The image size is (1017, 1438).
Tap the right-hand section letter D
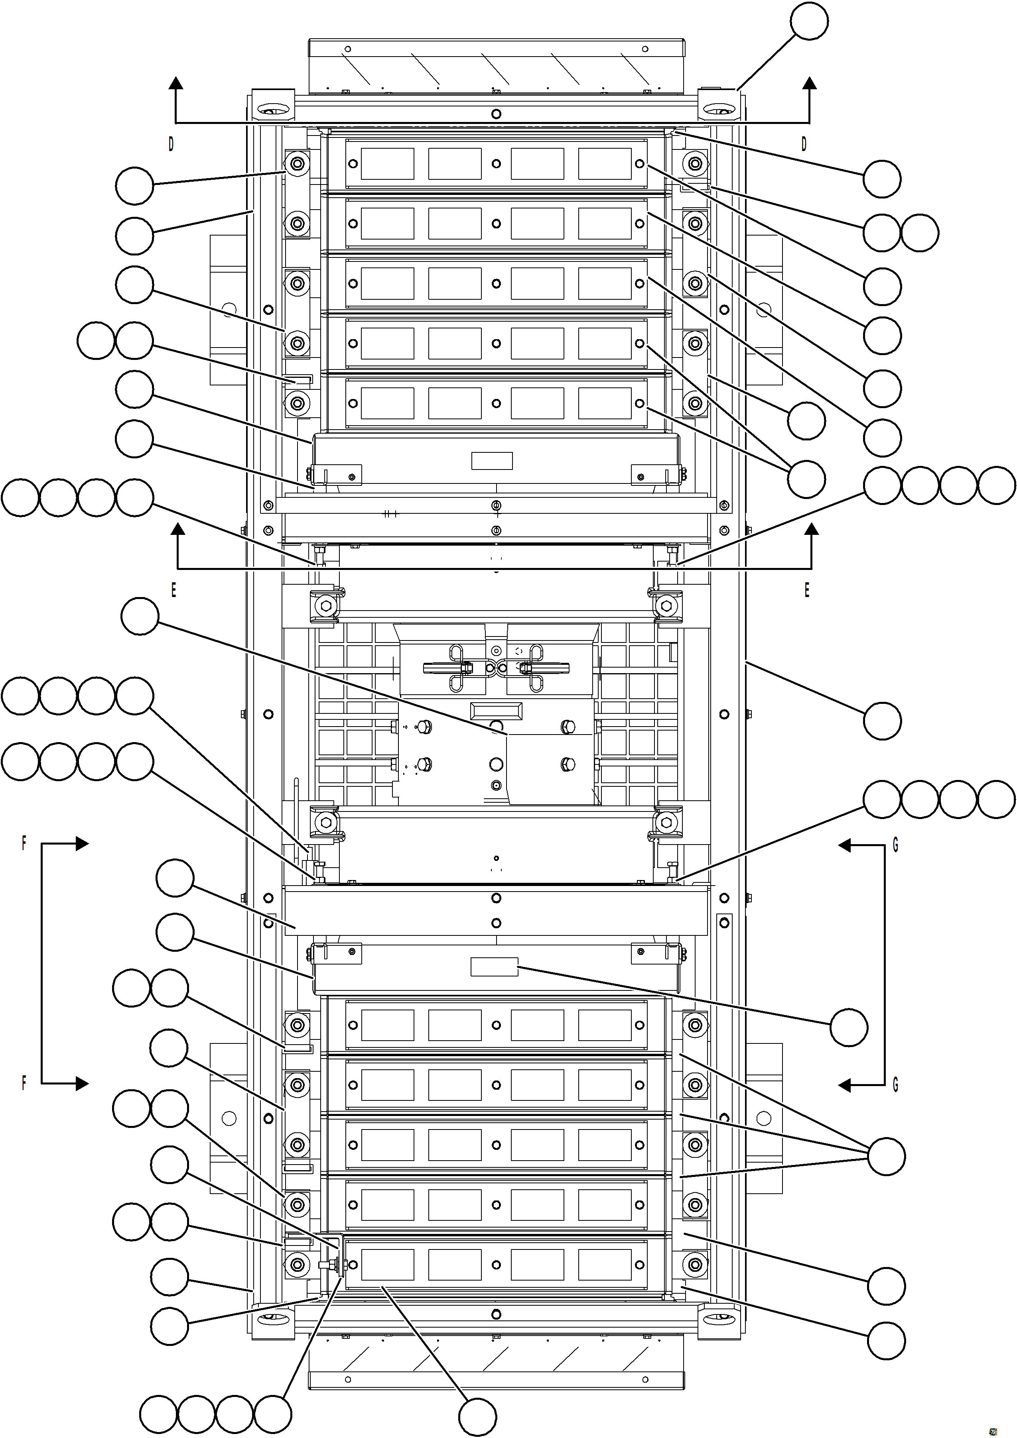[x=804, y=144]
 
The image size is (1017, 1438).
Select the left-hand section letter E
[x=173, y=590]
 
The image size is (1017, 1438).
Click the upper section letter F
[x=24, y=843]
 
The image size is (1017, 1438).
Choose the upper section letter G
[x=895, y=845]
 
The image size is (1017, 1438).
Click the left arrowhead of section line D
[x=176, y=83]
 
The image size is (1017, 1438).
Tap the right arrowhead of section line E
[x=812, y=529]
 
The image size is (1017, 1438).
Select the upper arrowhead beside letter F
[x=81, y=844]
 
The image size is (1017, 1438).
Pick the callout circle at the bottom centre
[x=477, y=1417]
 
